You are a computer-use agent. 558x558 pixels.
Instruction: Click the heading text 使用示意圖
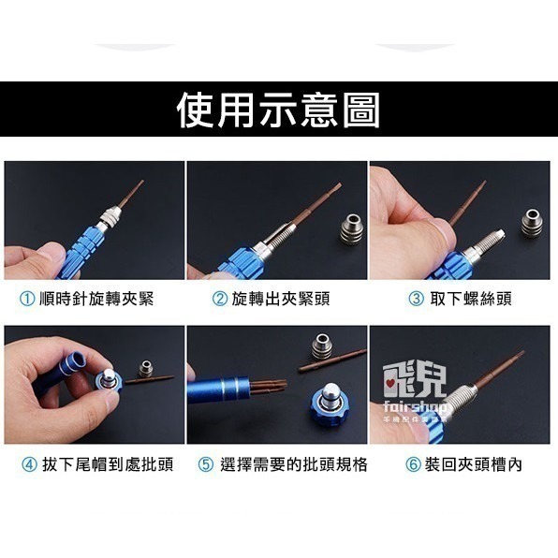[x=278, y=110]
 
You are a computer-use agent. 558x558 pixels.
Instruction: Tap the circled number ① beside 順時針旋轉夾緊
[x=28, y=299]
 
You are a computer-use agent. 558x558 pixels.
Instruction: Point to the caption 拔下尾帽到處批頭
[x=102, y=463]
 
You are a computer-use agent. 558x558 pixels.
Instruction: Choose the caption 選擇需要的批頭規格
[x=294, y=463]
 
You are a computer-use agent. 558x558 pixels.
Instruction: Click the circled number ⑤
[x=206, y=463]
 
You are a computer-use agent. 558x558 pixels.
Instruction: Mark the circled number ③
[x=417, y=299]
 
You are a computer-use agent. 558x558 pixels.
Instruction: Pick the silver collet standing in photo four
[x=145, y=367]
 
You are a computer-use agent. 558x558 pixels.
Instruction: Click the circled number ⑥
[x=413, y=463]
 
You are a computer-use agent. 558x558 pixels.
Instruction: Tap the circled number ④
[x=28, y=463]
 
